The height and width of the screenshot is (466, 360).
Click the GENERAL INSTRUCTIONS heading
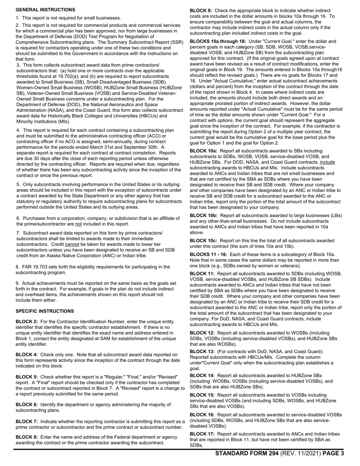[45, 9]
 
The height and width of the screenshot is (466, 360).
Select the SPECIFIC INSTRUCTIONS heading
[45, 311]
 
